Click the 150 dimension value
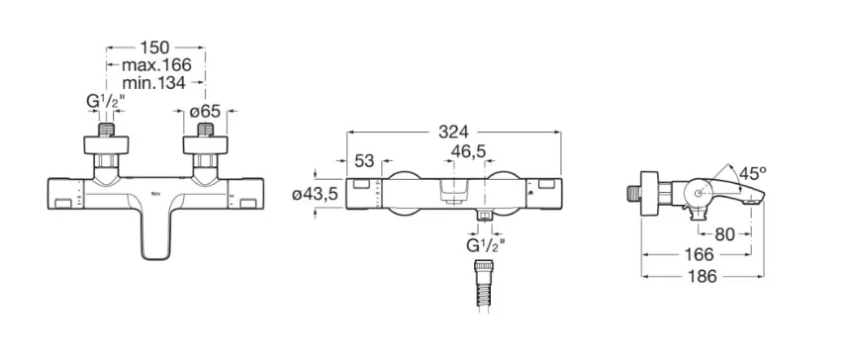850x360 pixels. pos(154,47)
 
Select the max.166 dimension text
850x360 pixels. pos(156,65)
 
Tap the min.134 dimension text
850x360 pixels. pos(154,83)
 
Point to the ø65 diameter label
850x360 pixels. pos(205,111)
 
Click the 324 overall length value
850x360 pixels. pos(454,132)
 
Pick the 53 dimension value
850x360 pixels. pos(364,160)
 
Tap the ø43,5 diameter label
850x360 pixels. pos(317,195)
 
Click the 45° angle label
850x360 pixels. pos(753,174)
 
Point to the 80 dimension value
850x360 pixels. pos(724,234)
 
